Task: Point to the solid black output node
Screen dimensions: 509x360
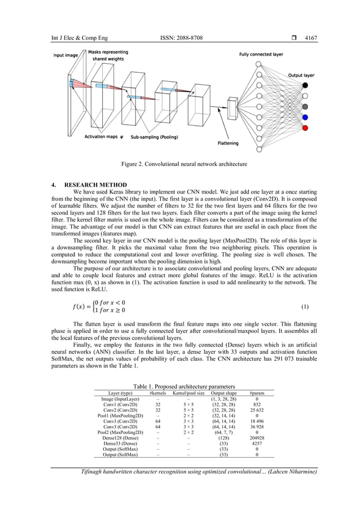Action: pyautogui.click(x=305, y=85)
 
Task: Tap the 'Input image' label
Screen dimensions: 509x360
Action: pyautogui.click(x=66, y=55)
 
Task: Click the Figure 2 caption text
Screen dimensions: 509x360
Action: pyautogui.click(x=179, y=164)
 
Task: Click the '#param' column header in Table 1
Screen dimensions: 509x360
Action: pyautogui.click(x=257, y=392)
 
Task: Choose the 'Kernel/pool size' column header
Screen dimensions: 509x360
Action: pyautogui.click(x=188, y=392)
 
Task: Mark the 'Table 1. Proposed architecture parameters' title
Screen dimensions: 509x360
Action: pyautogui.click(x=179, y=386)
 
